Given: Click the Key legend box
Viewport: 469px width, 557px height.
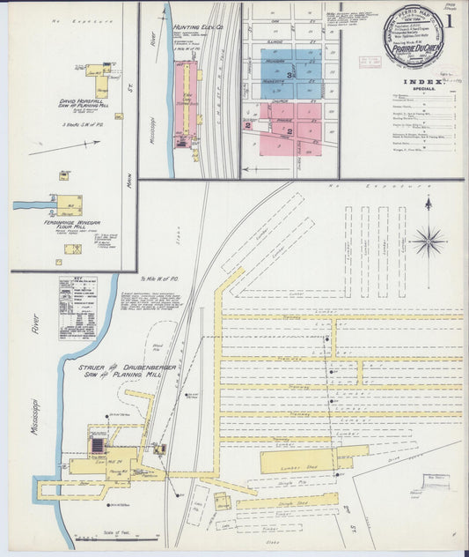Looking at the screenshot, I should (x=77, y=308).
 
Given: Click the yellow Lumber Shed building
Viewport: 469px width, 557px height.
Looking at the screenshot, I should (x=297, y=460).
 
